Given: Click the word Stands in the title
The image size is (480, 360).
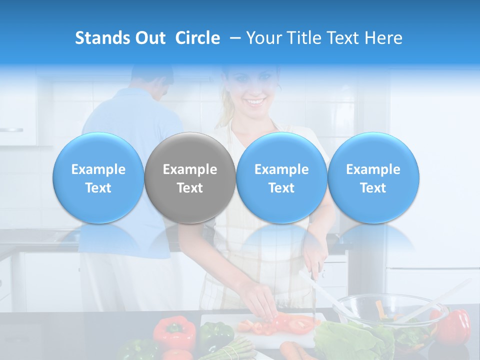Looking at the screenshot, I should pyautogui.click(x=101, y=38).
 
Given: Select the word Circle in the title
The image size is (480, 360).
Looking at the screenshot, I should pyautogui.click(x=197, y=38).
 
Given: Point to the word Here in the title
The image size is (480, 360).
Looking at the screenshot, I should pyautogui.click(x=383, y=38).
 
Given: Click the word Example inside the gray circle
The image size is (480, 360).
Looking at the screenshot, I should pyautogui.click(x=190, y=170).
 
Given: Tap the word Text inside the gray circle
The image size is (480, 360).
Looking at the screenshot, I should pyautogui.click(x=190, y=188).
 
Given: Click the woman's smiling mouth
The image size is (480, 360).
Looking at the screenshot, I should pyautogui.click(x=255, y=102).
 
